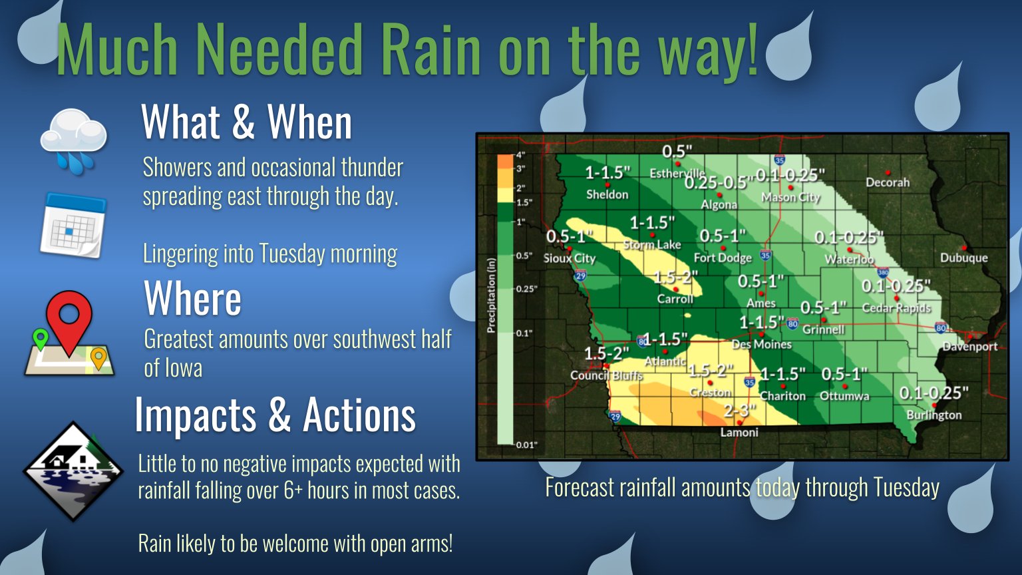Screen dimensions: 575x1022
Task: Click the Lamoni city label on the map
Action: (x=739, y=433)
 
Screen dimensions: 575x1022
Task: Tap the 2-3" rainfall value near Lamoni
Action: (x=740, y=411)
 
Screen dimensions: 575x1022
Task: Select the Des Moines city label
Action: (x=761, y=344)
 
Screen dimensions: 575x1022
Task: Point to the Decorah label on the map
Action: (x=888, y=182)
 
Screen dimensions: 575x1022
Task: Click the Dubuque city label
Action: (x=963, y=258)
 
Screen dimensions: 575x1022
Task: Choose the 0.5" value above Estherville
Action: (x=677, y=152)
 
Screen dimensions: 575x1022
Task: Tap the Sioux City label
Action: (x=570, y=258)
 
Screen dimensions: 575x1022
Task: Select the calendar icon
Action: (x=73, y=225)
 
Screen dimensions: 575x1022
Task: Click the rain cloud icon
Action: (x=73, y=140)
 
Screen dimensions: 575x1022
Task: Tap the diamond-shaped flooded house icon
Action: (x=73, y=471)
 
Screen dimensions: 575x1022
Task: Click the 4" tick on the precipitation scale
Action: (x=520, y=154)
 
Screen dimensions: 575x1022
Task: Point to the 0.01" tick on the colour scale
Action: (x=526, y=445)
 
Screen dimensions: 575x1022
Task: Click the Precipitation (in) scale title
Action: (x=491, y=295)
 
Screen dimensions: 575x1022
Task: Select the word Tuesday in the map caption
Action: (x=906, y=487)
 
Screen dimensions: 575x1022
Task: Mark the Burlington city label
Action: (x=934, y=415)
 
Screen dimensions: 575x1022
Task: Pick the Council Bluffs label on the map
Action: (x=606, y=375)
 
